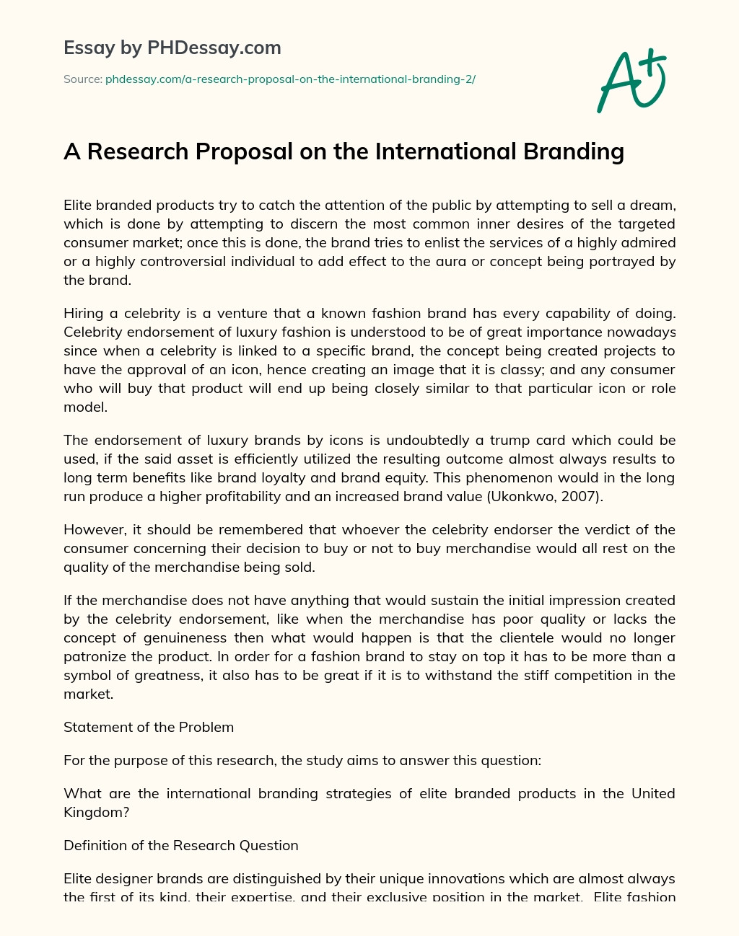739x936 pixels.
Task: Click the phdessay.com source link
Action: click(x=290, y=79)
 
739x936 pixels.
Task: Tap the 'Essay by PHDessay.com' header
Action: click(x=172, y=48)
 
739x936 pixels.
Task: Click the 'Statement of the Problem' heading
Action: click(x=149, y=727)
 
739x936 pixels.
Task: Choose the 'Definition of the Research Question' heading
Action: click(x=180, y=845)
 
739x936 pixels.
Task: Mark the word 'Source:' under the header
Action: click(x=82, y=79)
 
